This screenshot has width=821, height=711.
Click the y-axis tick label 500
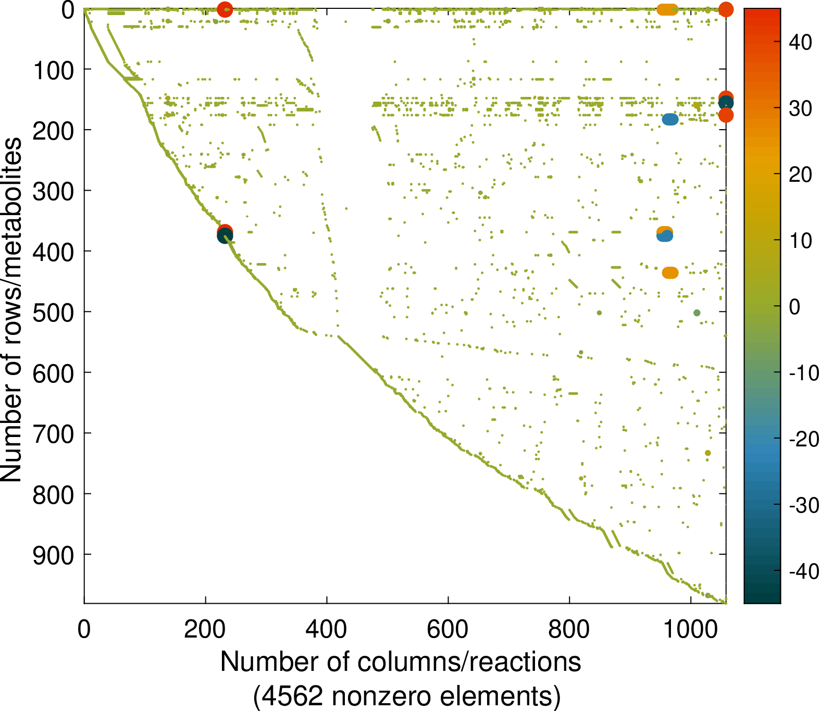tap(53, 312)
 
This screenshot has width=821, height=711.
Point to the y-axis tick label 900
tap(53, 555)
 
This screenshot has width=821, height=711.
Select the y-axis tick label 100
tap(53, 70)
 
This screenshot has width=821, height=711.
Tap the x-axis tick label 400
tap(326, 629)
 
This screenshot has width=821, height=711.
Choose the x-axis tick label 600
tap(447, 629)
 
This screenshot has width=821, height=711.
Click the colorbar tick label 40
tap(800, 42)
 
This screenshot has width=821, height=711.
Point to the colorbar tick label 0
tap(794, 307)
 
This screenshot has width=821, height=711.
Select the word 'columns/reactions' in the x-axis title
tap(469, 662)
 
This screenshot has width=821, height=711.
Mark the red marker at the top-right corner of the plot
tap(726, 9)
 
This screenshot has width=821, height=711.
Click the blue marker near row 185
tap(670, 120)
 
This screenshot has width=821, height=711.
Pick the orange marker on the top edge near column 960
tap(667, 9)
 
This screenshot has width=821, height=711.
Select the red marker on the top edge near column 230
tap(225, 9)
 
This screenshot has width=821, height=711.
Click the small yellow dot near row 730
tap(707, 453)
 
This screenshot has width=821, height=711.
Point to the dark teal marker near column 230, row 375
tap(225, 237)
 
